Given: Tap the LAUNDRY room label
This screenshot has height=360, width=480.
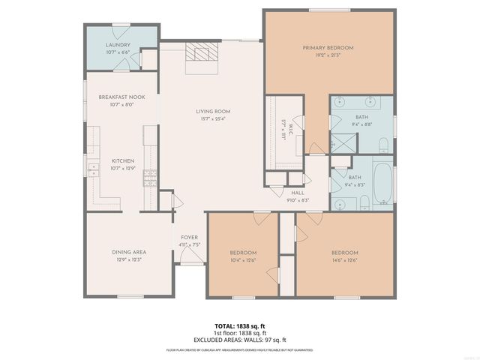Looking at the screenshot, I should coord(118,45).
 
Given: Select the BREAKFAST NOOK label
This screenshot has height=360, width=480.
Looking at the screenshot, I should coord(121,97).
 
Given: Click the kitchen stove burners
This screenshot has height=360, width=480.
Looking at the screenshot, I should coord(150,178).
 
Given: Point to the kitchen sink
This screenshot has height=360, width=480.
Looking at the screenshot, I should coord(93,169).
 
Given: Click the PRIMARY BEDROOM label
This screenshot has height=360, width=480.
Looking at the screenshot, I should coord(328,48).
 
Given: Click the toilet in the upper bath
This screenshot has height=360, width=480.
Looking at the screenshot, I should coord(382,143).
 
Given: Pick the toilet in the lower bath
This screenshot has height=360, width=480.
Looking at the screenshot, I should coord(364,200).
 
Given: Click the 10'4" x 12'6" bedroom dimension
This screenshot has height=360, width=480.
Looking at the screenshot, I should coord(243,260).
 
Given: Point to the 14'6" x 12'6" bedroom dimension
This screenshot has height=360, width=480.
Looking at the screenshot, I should coord(344,260).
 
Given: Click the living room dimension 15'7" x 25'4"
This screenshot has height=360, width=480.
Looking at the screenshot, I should coord(213,118).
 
